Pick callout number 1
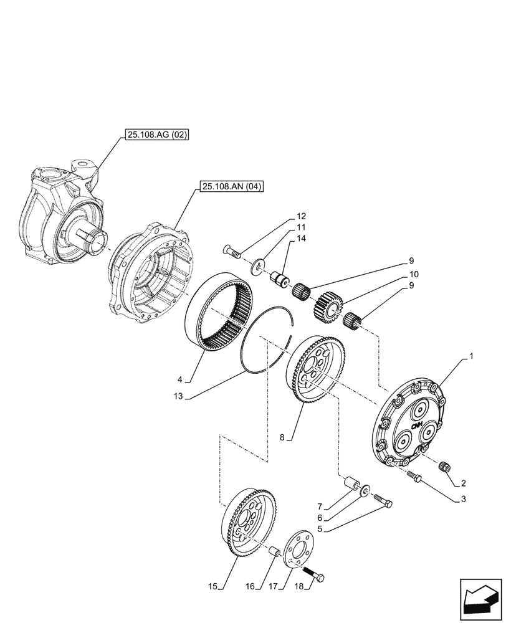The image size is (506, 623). pos(472,356)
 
